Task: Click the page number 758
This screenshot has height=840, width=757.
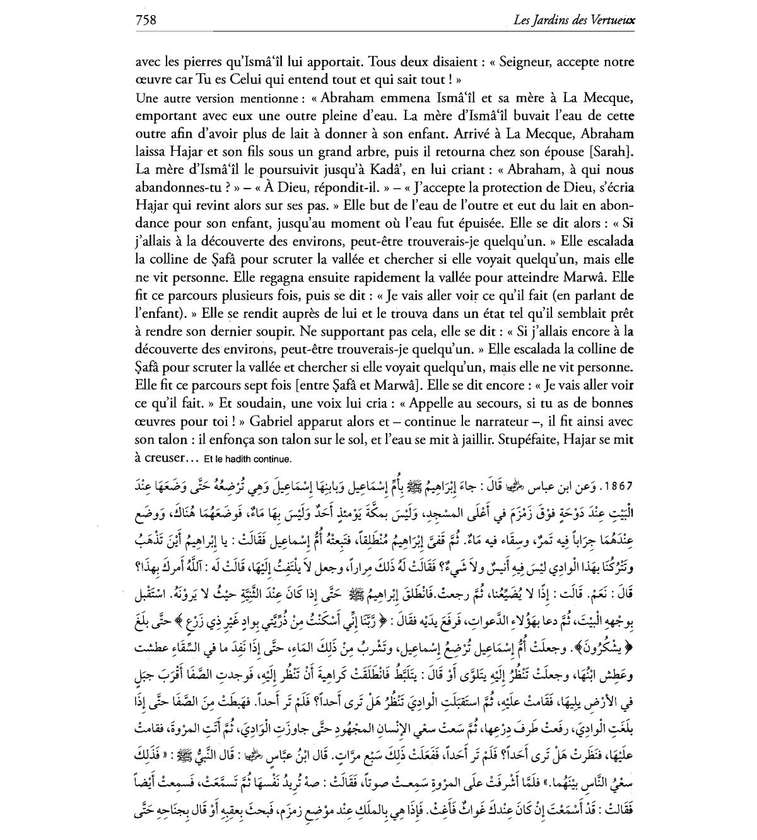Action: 146,20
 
